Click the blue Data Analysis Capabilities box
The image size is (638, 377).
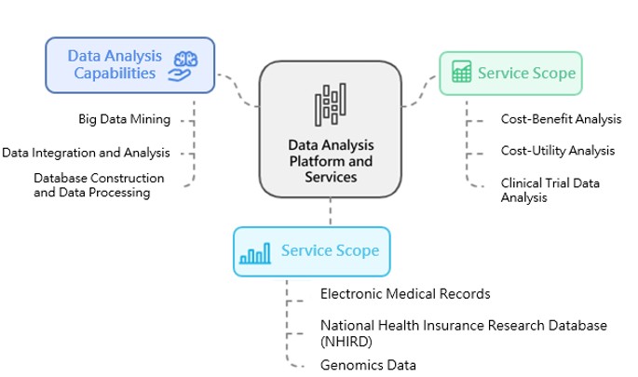pyautogui.click(x=129, y=64)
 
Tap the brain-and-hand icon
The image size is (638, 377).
pyautogui.click(x=183, y=64)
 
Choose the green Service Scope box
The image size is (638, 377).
pyautogui.click(x=510, y=73)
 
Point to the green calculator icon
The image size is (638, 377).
pyautogui.click(x=460, y=73)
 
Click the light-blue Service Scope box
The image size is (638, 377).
pyautogui.click(x=311, y=251)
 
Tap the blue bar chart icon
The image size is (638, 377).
pyautogui.click(x=255, y=252)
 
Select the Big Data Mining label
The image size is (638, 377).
pyautogui.click(x=125, y=119)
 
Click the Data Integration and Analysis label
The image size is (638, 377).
pyautogui.click(x=86, y=153)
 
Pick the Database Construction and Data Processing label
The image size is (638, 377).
pyautogui.click(x=99, y=185)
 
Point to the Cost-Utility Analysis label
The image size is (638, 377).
pyautogui.click(x=557, y=151)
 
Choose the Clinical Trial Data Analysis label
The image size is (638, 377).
pyautogui.click(x=550, y=190)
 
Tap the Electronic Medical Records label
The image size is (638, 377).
pyautogui.click(x=405, y=294)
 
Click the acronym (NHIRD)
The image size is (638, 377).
pyautogui.click(x=347, y=341)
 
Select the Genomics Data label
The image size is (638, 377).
pyautogui.click(x=368, y=365)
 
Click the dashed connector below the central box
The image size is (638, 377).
pyautogui.click(x=330, y=212)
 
